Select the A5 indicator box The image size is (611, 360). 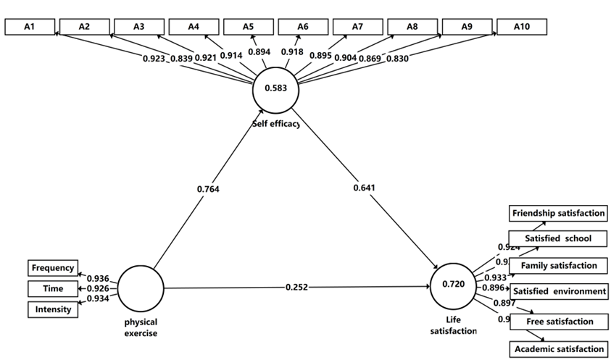click(248, 26)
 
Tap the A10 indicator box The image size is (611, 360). click(521, 26)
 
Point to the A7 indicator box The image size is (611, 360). click(357, 26)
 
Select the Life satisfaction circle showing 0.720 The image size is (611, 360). click(454, 285)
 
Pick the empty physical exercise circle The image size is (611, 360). click(141, 288)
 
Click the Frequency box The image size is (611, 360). click(53, 268)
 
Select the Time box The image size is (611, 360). click(53, 288)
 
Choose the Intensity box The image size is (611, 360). click(53, 309)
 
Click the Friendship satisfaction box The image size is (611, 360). click(558, 214)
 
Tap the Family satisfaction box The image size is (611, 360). click(558, 266)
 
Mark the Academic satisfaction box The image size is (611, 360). click(558, 348)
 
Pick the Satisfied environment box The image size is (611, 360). click(559, 291)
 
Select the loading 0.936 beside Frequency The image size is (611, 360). click(97, 278)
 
